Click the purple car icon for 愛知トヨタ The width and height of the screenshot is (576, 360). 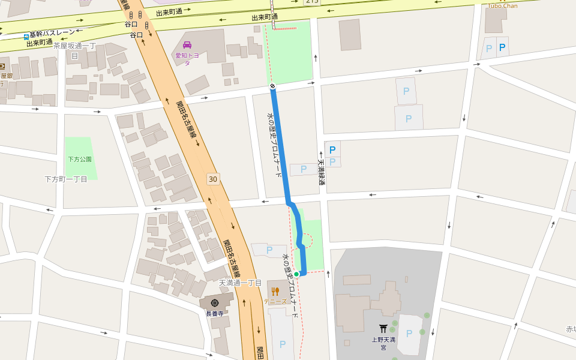point(187,45)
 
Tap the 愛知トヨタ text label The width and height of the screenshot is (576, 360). point(187,59)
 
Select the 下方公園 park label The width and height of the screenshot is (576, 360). point(79,160)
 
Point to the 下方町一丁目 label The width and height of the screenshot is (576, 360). point(66,179)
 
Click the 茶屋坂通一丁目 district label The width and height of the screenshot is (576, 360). point(74,50)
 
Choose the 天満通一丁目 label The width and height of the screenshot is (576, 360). point(240,283)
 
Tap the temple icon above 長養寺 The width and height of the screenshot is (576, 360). point(215,302)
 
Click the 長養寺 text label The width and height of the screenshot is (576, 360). point(214,313)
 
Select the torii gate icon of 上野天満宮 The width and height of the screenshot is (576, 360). point(383,328)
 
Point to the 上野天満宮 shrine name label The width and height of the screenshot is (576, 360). point(383,343)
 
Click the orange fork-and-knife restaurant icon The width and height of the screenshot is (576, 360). point(275,292)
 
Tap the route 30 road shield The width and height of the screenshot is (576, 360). point(212,179)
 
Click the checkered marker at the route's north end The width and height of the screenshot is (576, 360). point(272,86)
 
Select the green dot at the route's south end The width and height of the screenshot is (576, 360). point(296,274)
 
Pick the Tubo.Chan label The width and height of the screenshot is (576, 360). point(502,6)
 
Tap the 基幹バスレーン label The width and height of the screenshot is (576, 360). point(53,32)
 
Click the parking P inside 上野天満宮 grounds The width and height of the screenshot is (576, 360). point(409,334)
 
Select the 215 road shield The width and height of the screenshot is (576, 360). point(312,2)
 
